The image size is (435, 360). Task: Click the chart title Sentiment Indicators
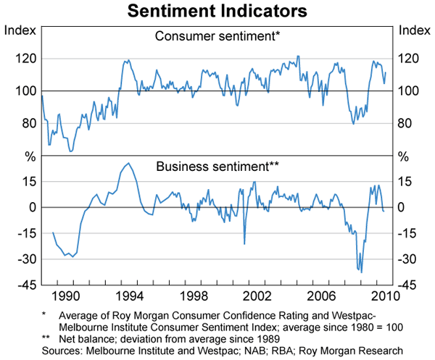coord(217,12)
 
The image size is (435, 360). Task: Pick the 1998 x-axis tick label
coord(195,296)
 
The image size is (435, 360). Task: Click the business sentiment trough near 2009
coord(361,272)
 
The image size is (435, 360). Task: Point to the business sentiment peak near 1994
coord(128,163)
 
